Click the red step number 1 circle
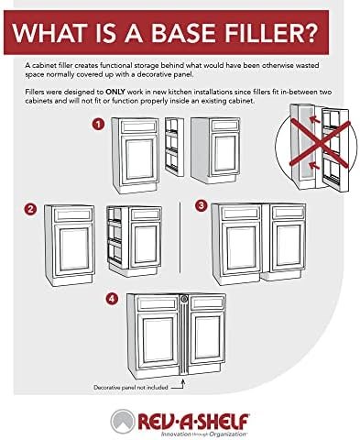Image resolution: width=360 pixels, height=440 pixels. point(98,125)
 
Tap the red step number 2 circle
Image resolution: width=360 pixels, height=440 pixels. point(30,209)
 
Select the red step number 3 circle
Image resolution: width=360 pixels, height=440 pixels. point(201,205)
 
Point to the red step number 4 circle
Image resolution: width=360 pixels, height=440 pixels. point(112,299)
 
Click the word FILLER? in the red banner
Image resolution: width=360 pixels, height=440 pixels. point(267,32)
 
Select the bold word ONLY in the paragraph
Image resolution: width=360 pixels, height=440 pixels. point(115,92)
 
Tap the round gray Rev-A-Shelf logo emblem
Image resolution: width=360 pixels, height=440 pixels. point(123,422)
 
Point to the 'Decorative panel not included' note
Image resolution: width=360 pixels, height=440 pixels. point(131,388)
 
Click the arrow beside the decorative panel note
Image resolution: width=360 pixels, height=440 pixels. point(179,385)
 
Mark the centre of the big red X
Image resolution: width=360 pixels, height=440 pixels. point(319,144)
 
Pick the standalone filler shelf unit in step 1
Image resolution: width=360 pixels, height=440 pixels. point(174,147)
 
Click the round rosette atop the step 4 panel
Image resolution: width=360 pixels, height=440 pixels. point(184,299)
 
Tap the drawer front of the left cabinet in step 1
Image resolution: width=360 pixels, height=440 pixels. point(139,126)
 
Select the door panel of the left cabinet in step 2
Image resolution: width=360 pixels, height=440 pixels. point(72,249)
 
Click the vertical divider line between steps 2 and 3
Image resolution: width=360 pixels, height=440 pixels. point(180,237)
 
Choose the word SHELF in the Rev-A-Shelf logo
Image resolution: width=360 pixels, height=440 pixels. point(222,422)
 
